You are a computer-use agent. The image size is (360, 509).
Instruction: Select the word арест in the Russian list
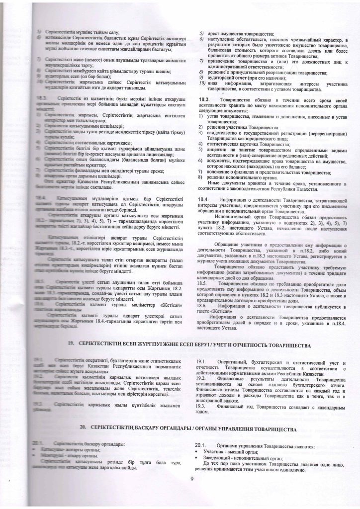pos(209,33)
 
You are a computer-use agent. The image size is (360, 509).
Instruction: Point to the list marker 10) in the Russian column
pos(195,84)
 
